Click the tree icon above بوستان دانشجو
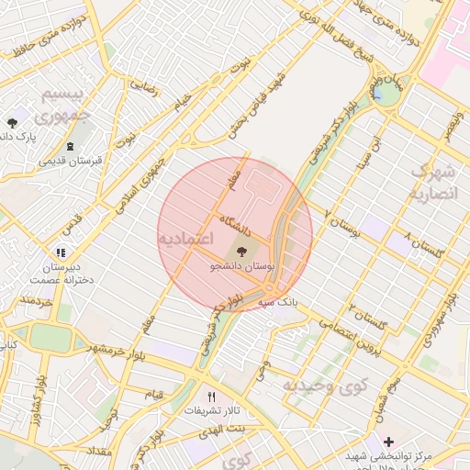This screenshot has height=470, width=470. click(x=241, y=250)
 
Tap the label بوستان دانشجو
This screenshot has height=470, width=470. click(x=241, y=264)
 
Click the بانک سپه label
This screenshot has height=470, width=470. click(x=279, y=300)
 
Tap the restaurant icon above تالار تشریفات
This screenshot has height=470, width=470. click(x=212, y=396)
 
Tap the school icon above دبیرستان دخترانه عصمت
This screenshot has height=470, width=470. click(x=61, y=252)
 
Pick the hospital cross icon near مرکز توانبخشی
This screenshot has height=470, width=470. click(x=389, y=442)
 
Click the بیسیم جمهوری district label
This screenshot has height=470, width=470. click(x=64, y=106)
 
